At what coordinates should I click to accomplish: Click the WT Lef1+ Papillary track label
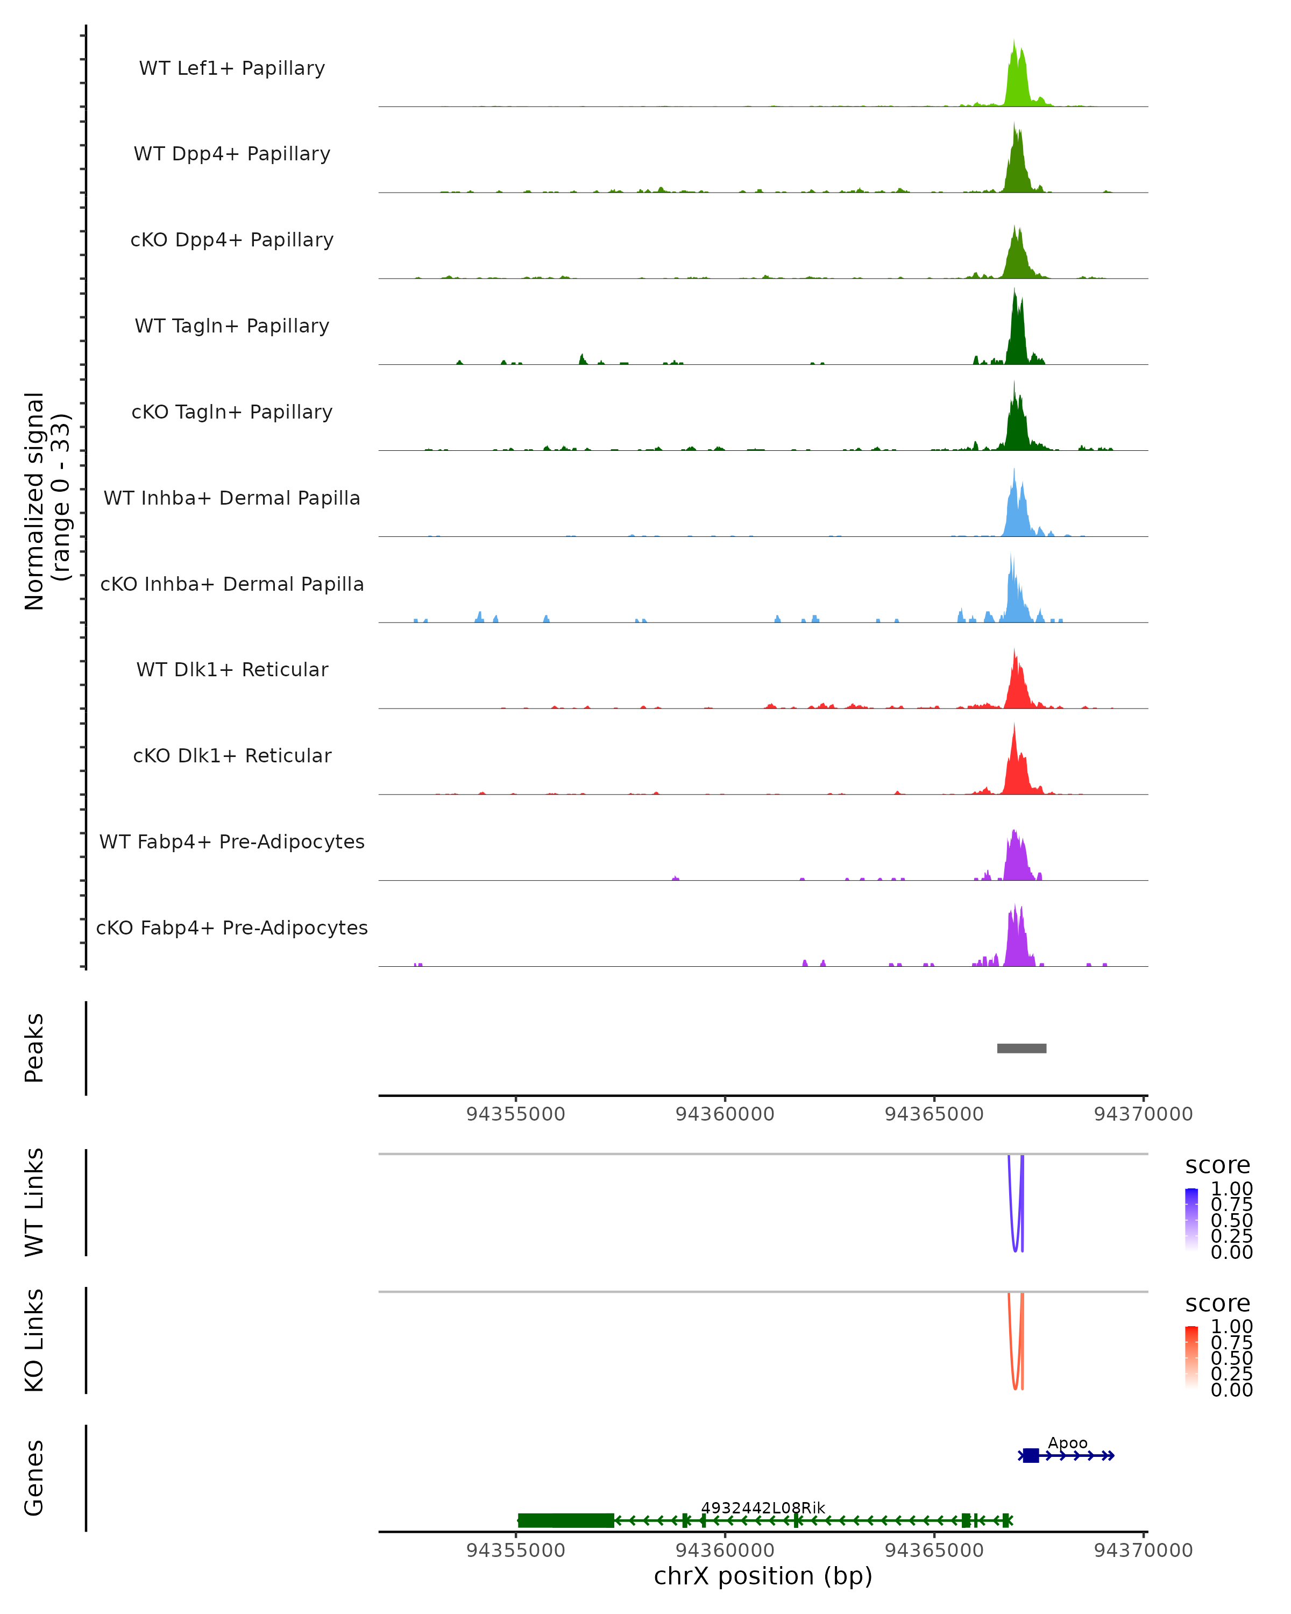232,68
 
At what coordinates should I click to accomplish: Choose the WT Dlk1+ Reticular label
232,669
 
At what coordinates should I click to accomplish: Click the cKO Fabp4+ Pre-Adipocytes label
232,928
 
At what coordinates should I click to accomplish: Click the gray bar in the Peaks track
1021,1048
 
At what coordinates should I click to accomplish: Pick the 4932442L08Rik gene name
763,1507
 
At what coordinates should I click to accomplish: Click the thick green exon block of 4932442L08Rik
566,1520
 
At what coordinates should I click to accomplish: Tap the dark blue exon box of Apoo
1031,1455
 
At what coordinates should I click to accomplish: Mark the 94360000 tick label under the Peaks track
725,1114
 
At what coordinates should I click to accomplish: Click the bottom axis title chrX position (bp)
763,1576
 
